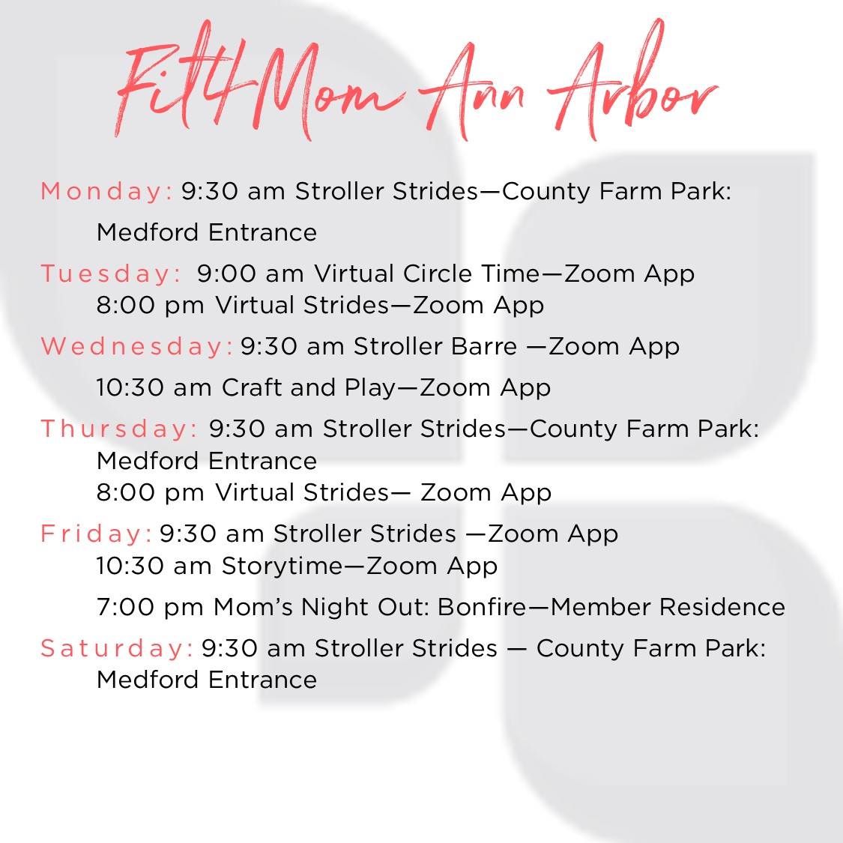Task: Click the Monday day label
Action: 106,191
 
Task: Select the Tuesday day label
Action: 111,273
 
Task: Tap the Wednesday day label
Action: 136,345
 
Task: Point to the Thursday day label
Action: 119,429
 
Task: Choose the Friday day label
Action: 96,534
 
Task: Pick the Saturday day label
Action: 117,648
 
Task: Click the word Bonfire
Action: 483,606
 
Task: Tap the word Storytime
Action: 282,566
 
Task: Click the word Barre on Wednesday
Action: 484,345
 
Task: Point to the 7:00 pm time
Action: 150,607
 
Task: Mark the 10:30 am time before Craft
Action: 154,387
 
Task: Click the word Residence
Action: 722,606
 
